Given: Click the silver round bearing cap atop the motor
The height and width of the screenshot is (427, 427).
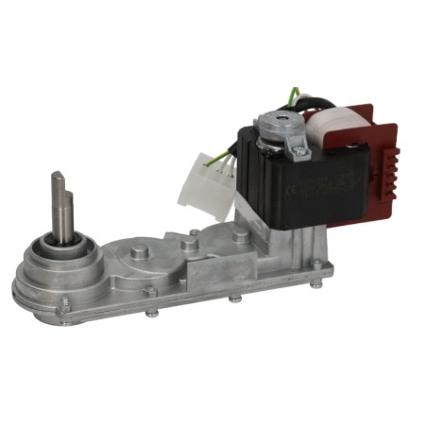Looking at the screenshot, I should (x=277, y=117).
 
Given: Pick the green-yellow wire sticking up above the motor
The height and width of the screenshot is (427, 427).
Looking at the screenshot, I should (x=296, y=94).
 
